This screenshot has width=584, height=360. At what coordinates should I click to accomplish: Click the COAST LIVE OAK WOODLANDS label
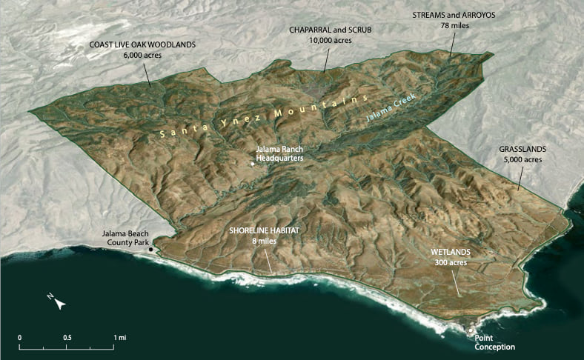[142, 44]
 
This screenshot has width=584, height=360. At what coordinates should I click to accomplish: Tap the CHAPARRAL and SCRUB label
[330, 30]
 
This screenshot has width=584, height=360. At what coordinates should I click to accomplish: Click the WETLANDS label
[450, 252]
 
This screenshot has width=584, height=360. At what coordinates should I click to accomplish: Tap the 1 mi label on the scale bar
[119, 337]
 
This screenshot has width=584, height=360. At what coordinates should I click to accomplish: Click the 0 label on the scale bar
[19, 337]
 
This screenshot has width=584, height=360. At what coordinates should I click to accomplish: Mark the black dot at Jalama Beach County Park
[151, 249]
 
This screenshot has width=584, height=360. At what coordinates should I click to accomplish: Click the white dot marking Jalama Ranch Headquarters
[252, 163]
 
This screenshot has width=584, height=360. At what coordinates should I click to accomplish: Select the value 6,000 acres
[142, 55]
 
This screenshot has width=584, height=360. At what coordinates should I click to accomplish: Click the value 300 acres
[450, 261]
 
